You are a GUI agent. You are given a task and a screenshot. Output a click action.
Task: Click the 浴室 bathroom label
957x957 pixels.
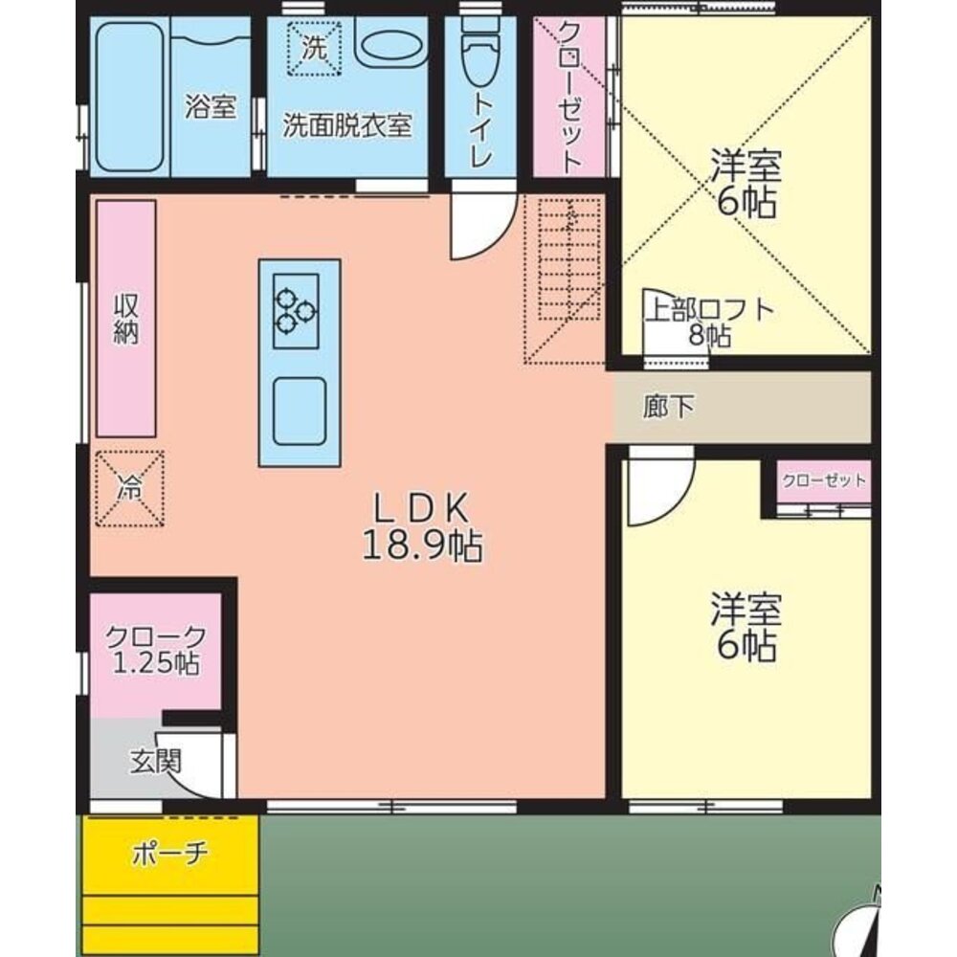211,107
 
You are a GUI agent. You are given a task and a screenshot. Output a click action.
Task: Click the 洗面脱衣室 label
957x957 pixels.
346,125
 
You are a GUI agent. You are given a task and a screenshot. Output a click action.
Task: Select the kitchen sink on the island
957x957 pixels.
299,411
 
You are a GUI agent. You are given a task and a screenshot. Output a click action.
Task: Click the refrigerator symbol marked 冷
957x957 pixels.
129,488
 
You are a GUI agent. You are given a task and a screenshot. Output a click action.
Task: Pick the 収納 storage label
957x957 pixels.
126,319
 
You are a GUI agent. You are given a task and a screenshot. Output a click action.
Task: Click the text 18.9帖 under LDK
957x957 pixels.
421,546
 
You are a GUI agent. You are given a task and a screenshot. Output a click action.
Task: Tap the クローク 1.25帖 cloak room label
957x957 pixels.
155,650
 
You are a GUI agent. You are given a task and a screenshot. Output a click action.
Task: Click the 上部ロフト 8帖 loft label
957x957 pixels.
708,323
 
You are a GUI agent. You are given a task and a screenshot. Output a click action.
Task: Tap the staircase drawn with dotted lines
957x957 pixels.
564,280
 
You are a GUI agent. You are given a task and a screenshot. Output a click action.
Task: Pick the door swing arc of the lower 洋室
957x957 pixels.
657,489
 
